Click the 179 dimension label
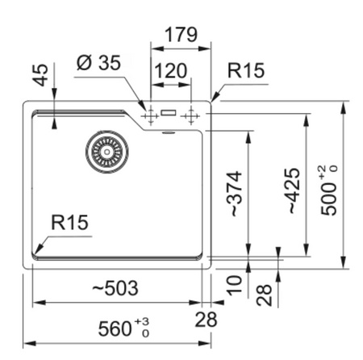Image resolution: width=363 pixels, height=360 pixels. [181, 35]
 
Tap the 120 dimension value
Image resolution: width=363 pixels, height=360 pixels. [170, 71]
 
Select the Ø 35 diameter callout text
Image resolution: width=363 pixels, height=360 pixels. [98, 63]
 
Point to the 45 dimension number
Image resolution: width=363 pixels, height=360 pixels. [41, 75]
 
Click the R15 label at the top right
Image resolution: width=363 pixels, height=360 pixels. [246, 70]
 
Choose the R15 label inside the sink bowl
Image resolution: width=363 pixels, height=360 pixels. [69, 223]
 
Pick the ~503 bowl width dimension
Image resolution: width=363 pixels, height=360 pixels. [115, 287]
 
